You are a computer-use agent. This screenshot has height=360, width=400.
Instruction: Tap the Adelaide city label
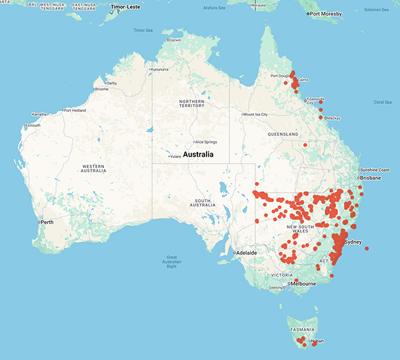tap(249, 253)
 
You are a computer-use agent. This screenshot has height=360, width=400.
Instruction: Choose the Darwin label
tap(175, 40)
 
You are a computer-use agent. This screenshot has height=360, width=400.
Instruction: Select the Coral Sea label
tap(383, 102)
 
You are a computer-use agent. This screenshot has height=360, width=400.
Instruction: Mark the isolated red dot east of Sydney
tap(367, 249)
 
